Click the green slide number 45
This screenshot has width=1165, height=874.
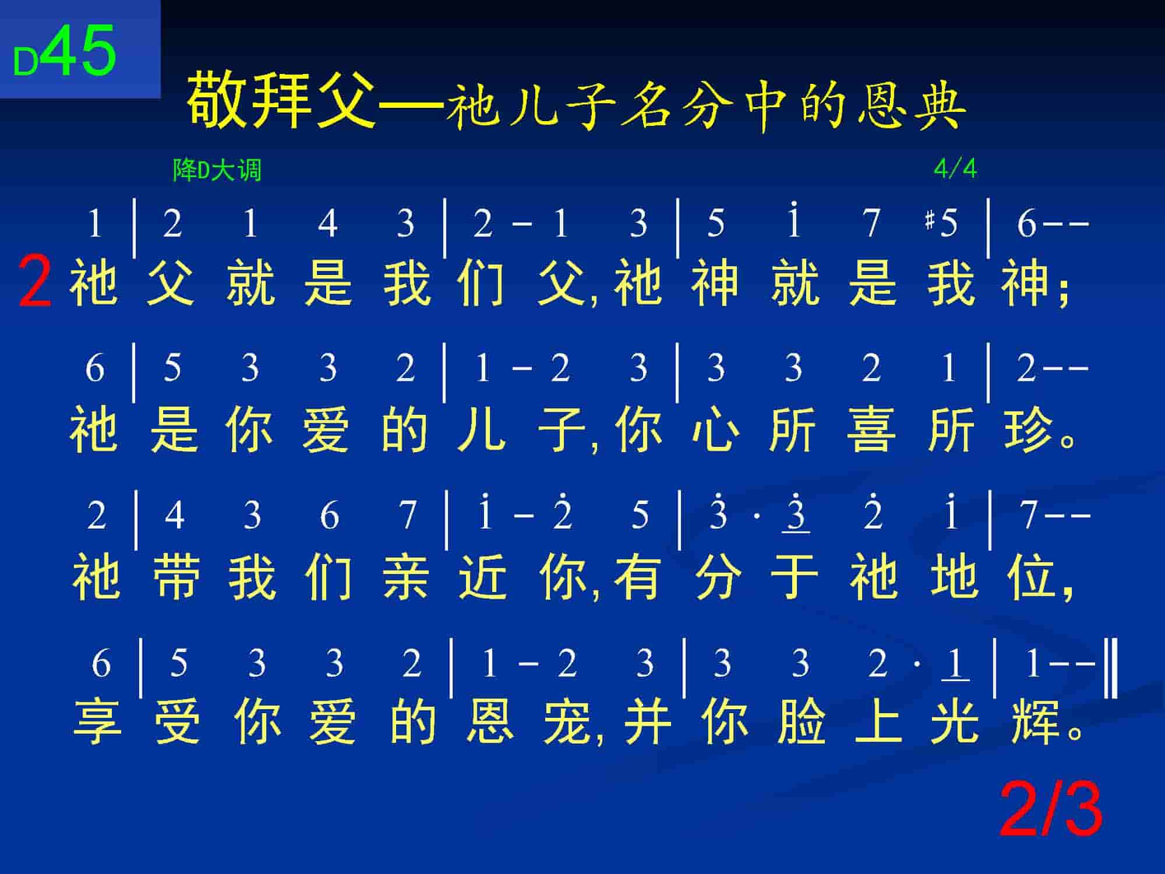79,51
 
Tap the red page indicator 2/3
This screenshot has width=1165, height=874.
1051,810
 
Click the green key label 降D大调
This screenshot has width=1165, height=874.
217,170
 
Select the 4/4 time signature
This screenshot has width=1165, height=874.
955,169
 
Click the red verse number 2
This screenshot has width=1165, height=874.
35,283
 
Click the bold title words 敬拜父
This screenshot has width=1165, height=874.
283,99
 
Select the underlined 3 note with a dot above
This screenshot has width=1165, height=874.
796,513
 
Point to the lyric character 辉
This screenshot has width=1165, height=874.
1035,723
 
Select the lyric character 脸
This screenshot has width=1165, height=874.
802,723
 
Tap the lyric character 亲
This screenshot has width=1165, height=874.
407,577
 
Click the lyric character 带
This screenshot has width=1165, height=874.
175,577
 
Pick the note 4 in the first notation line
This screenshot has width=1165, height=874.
328,223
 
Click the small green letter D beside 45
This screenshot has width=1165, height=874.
26,62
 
